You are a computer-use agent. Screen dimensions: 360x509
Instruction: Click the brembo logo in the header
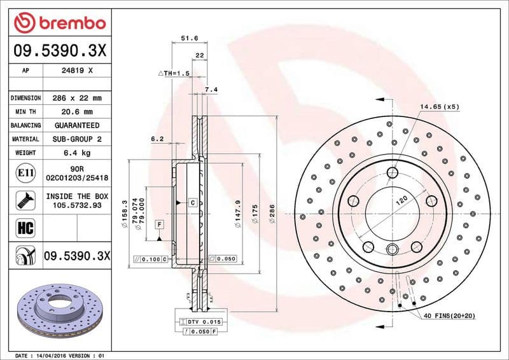pos(60,23)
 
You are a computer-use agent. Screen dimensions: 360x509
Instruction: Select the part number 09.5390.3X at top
pos(60,50)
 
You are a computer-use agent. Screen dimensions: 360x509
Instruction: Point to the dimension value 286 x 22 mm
pos(77,99)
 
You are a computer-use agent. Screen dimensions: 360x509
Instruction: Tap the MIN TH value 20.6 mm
pos(77,112)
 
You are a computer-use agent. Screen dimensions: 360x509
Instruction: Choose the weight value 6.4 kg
pos(77,153)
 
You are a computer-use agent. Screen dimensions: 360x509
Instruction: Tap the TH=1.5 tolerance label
pos(174,74)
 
